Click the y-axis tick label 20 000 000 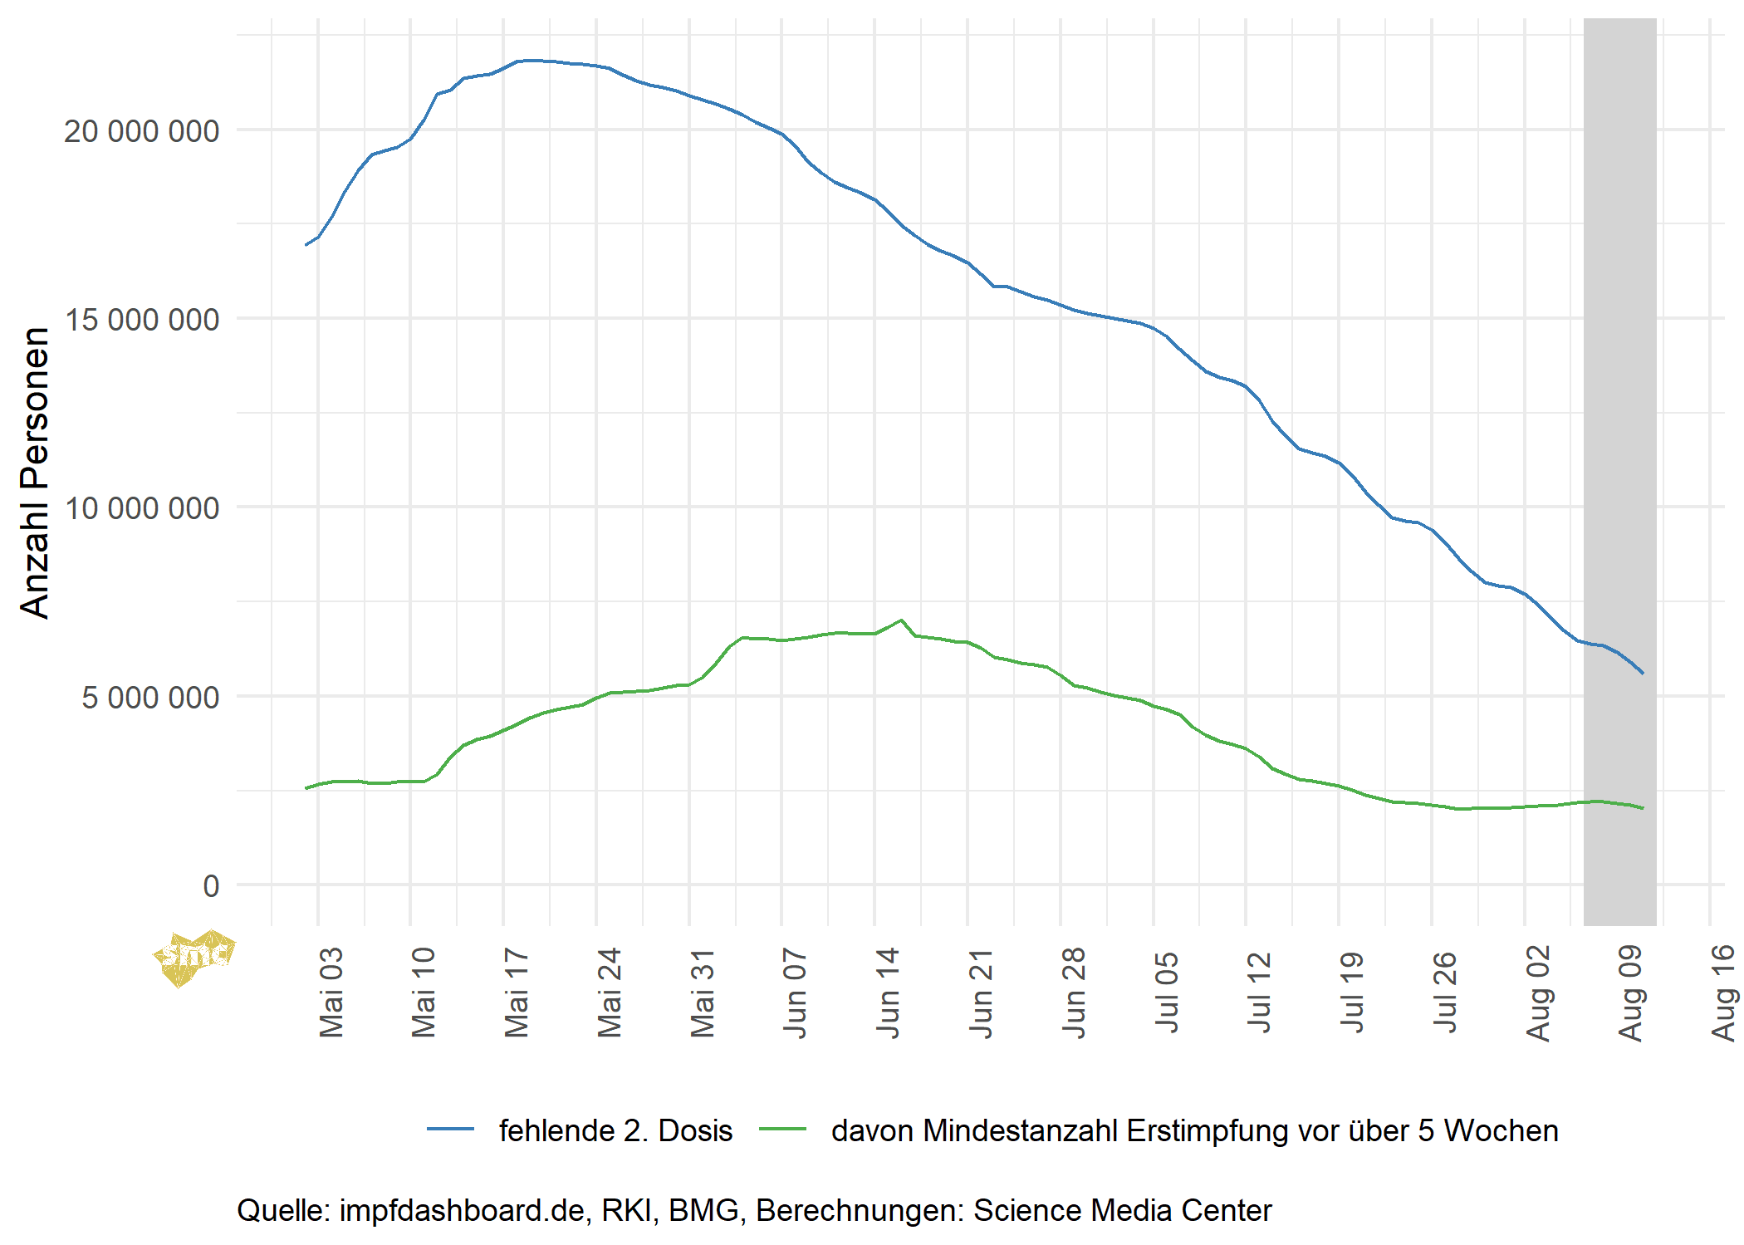click(x=141, y=131)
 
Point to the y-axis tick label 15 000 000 click(x=141, y=320)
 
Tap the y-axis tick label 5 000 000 click(x=149, y=698)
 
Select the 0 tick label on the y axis click(x=211, y=886)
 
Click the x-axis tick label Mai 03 click(x=331, y=993)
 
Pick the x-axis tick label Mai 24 click(x=610, y=993)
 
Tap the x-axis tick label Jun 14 click(x=888, y=993)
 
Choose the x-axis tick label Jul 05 click(x=1167, y=993)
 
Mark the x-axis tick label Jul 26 click(x=1445, y=993)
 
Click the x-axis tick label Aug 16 click(x=1724, y=993)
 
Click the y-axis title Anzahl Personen click(x=35, y=473)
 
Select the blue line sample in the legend click(x=450, y=1130)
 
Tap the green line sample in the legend click(x=782, y=1130)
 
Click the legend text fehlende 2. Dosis click(x=615, y=1131)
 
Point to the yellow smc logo click(x=194, y=958)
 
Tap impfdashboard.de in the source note click(x=462, y=1211)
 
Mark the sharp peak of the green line click(x=901, y=620)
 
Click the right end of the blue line click(x=1643, y=674)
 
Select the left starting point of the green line click(x=306, y=788)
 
